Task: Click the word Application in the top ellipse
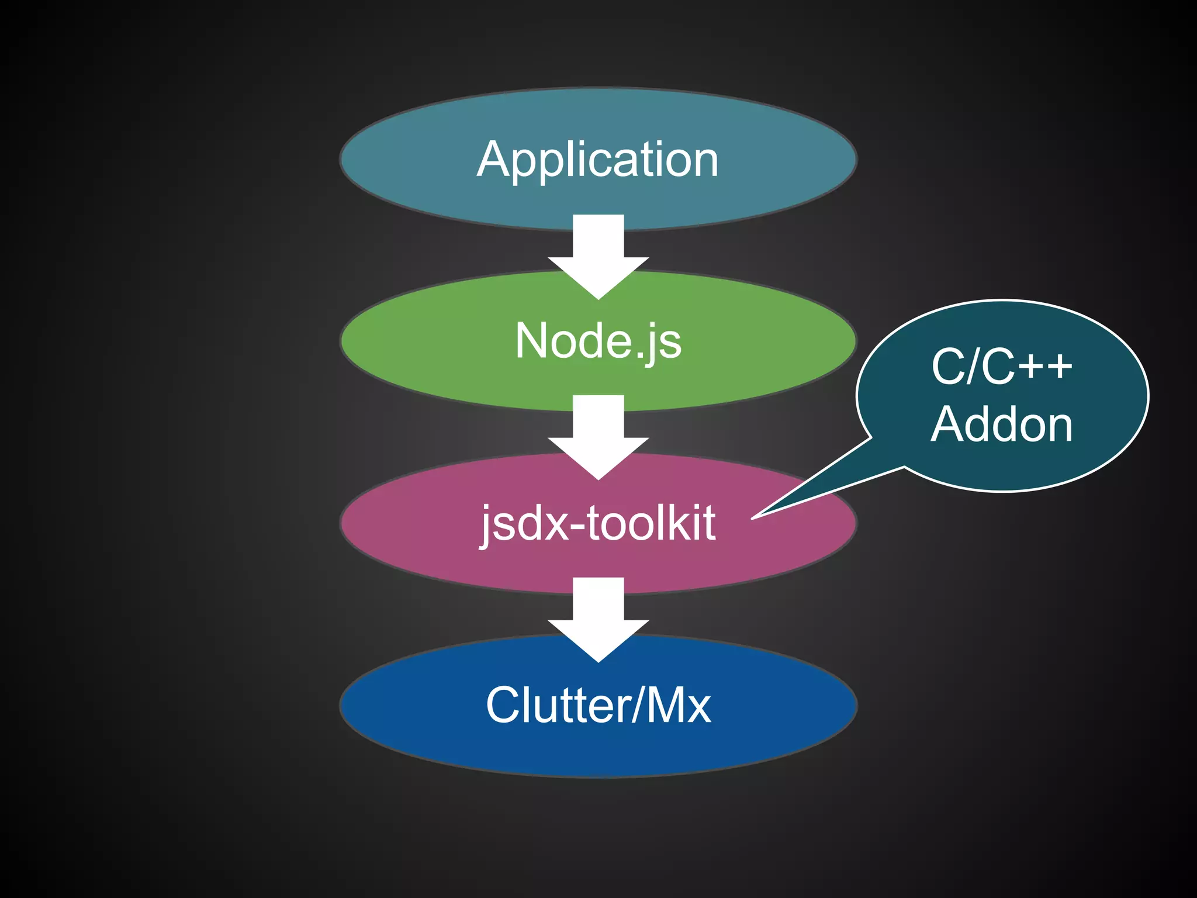tap(597, 160)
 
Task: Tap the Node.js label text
tap(597, 341)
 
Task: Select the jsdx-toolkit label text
tap(597, 523)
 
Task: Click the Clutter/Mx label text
tap(597, 705)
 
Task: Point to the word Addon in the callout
tap(1002, 424)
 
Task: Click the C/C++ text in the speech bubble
tap(1002, 367)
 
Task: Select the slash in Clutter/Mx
tap(638, 705)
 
